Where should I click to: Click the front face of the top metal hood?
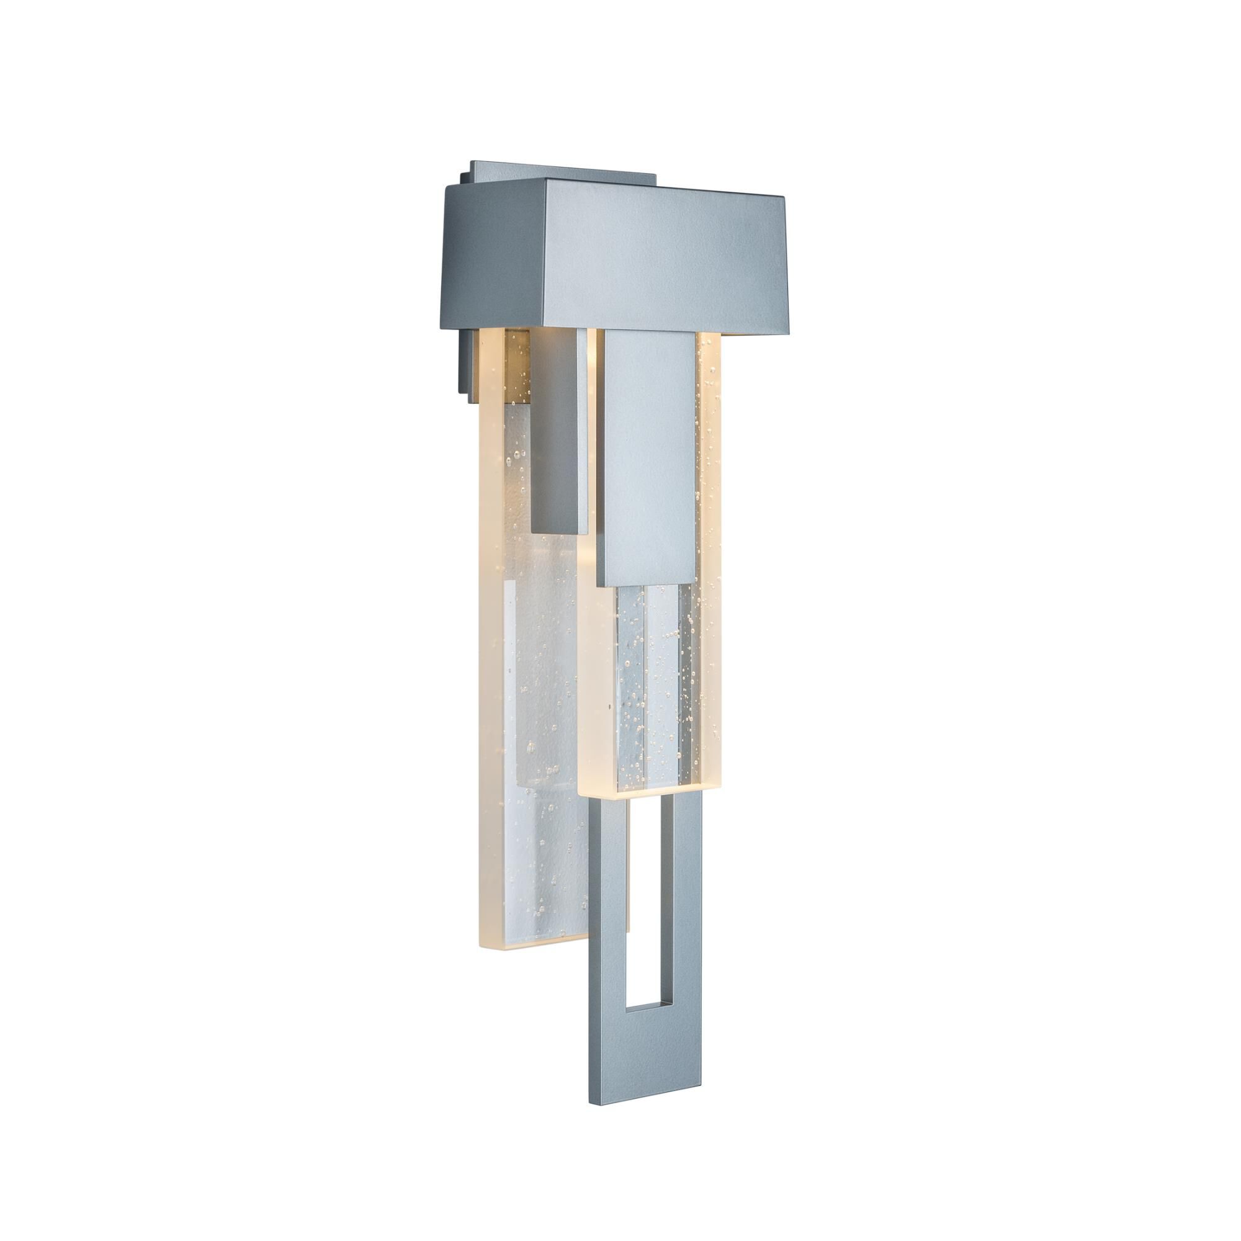point(661,257)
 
